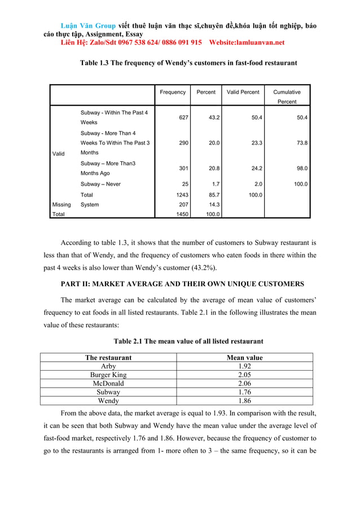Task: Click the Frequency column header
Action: [x=172, y=92]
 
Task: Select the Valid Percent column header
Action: [x=243, y=92]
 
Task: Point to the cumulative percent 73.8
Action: [x=302, y=143]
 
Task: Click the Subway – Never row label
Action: [x=100, y=184]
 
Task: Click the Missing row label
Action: [x=61, y=204]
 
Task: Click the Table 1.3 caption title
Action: [x=188, y=63]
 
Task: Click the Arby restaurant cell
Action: [x=108, y=366]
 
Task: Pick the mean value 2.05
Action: [x=244, y=375]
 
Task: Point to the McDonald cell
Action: [x=108, y=383]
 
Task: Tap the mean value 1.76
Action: [x=244, y=392]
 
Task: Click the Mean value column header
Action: [x=244, y=357]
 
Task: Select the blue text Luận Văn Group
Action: [x=89, y=25]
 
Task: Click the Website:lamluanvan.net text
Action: [x=247, y=42]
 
